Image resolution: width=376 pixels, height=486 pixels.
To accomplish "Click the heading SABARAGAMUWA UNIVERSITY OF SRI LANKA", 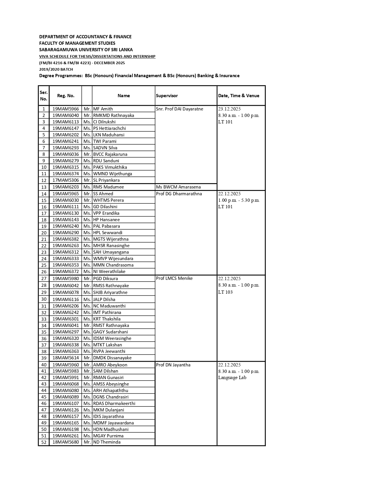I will coord(86,50).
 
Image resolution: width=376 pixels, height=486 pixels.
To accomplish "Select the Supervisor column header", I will coord(167,96).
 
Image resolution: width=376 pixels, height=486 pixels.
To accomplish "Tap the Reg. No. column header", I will coord(65,96).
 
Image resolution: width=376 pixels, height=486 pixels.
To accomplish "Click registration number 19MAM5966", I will coord(65,109).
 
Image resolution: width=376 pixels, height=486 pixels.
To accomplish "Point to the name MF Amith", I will coord(103,109).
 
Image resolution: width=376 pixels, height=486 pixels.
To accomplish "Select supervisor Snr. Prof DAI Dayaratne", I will coord(179,109).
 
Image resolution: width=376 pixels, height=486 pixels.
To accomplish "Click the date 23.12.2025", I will coord(229,109).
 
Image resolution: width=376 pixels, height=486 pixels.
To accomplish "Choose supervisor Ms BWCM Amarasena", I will coord(178,187).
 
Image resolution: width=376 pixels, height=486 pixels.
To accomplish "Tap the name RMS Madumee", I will coord(108,187).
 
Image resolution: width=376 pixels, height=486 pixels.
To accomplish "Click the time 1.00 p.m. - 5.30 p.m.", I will coord(239,200).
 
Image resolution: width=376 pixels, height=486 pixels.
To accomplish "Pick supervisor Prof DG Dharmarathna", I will coord(179,194).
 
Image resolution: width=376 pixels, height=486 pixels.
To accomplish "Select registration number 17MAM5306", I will coord(65,180).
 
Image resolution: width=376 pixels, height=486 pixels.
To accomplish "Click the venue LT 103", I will coord(225,292).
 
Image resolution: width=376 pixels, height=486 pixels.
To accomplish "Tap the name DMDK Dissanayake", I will coord(112,358).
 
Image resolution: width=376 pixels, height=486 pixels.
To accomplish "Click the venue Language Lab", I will coord(232,378).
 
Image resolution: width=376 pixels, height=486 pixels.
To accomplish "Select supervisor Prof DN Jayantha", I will coord(173,365).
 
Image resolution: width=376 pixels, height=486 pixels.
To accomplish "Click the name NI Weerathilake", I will coord(109,272).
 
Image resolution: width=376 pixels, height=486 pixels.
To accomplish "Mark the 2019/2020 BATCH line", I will coord(56,70).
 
